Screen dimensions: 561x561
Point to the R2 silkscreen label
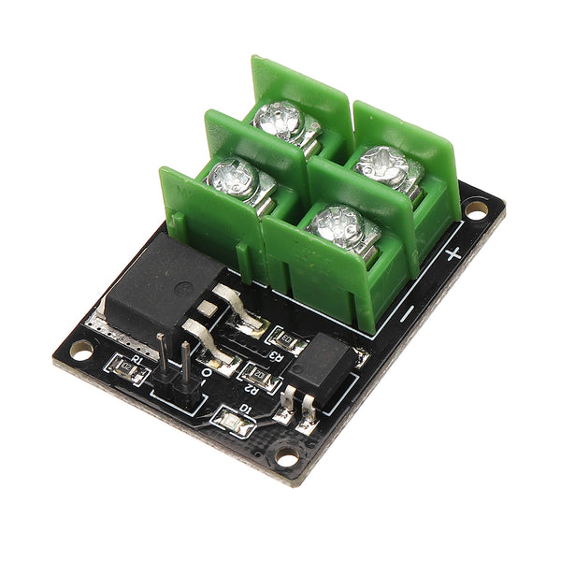coord(250,387)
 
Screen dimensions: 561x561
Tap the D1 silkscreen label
coord(245,409)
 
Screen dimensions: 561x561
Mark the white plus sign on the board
coord(453,253)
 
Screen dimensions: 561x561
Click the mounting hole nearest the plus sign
coord(477,212)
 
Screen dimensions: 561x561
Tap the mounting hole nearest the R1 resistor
coord(81,350)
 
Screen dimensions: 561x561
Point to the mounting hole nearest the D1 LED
coord(286,456)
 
